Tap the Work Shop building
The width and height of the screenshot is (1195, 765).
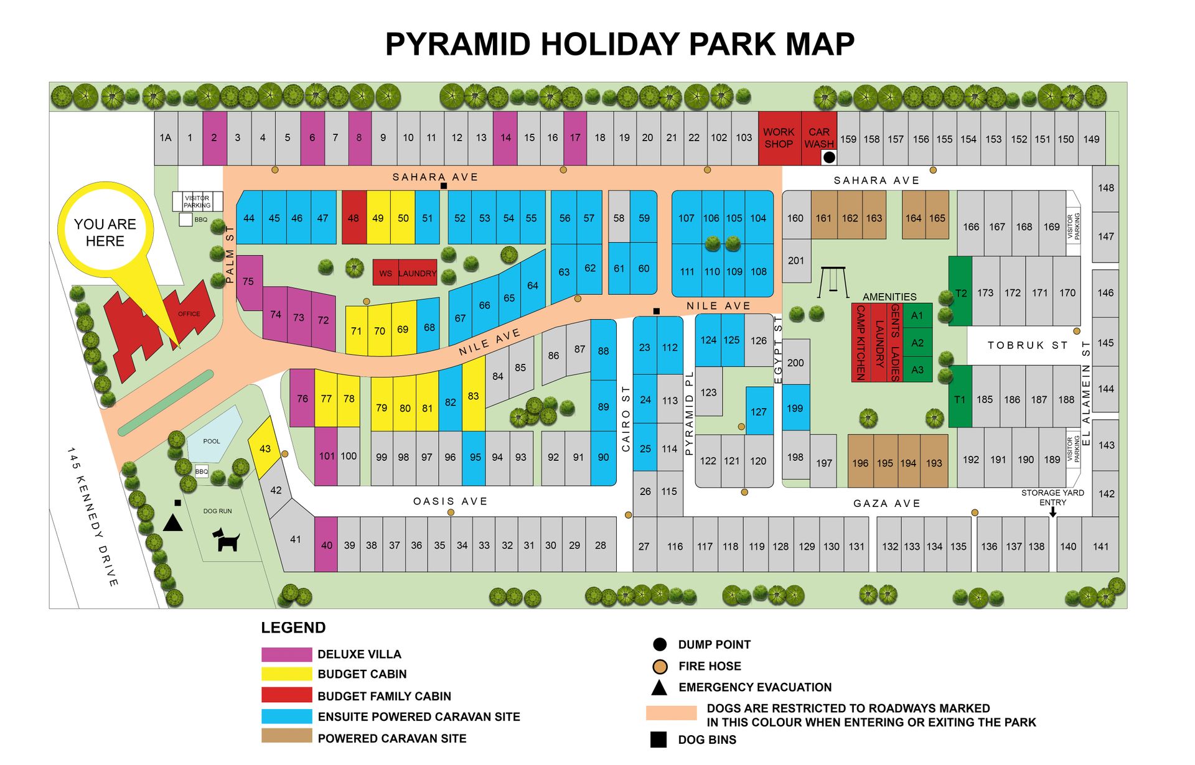point(779,138)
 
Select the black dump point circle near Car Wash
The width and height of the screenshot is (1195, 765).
point(829,158)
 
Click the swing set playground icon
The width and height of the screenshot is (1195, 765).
point(832,282)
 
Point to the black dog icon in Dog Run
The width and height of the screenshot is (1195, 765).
point(227,540)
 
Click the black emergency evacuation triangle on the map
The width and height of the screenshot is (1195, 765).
point(173,522)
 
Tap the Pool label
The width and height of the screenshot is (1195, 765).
point(212,442)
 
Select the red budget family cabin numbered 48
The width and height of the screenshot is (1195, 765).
point(354,218)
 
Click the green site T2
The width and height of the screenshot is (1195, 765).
point(960,292)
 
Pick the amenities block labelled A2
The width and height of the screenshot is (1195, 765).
point(917,343)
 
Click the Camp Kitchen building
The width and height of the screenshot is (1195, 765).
point(861,343)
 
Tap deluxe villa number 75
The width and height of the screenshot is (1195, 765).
point(248,282)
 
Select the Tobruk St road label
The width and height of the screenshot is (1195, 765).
point(1028,345)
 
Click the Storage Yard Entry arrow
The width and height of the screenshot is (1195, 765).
point(1052,512)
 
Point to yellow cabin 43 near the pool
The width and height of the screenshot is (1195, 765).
point(265,448)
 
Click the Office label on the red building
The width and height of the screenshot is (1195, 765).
point(189,314)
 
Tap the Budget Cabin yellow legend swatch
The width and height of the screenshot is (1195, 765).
point(286,674)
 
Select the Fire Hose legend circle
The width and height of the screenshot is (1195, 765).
point(660,667)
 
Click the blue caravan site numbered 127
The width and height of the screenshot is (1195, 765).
point(759,411)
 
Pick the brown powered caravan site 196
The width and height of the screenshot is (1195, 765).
point(860,462)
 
